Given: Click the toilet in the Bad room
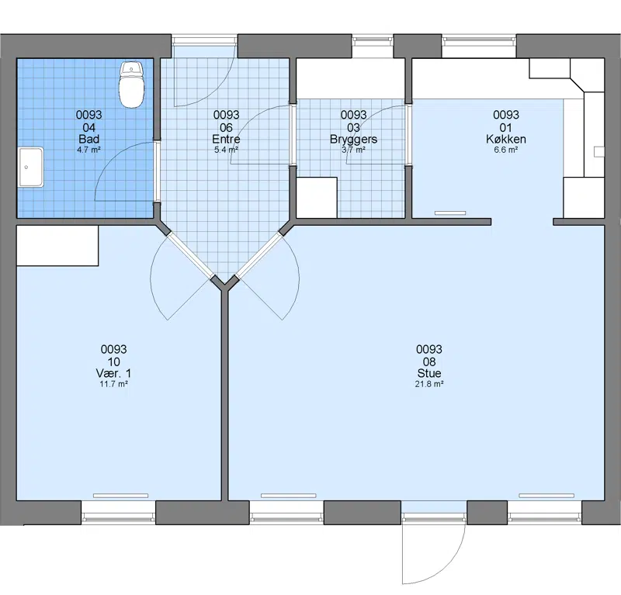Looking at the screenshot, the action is pyautogui.click(x=132, y=85).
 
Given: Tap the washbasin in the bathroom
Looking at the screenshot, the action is pyautogui.click(x=30, y=167).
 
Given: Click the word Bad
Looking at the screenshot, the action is pyautogui.click(x=89, y=139).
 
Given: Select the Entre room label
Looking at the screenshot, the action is pyautogui.click(x=226, y=139).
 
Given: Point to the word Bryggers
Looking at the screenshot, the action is pyautogui.click(x=354, y=140).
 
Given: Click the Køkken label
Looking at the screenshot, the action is pyautogui.click(x=506, y=139).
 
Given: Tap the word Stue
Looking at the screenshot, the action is pyautogui.click(x=429, y=373).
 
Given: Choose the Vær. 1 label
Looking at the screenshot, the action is pyautogui.click(x=113, y=373).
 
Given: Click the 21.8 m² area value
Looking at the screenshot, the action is pyautogui.click(x=429, y=383).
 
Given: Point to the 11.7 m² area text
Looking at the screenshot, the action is pyautogui.click(x=113, y=383).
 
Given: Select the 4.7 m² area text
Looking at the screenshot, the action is pyautogui.click(x=89, y=150).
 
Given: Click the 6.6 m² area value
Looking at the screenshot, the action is pyautogui.click(x=506, y=150).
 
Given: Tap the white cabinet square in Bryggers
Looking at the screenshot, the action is pyautogui.click(x=317, y=197).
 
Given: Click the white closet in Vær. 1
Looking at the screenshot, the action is pyautogui.click(x=57, y=245).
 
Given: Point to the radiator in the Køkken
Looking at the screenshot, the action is pyautogui.click(x=450, y=213).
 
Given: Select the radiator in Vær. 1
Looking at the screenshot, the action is pyautogui.click(x=121, y=496).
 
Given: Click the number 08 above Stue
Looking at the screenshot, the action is pyautogui.click(x=429, y=361).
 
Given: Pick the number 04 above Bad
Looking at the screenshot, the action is pyautogui.click(x=89, y=127).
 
